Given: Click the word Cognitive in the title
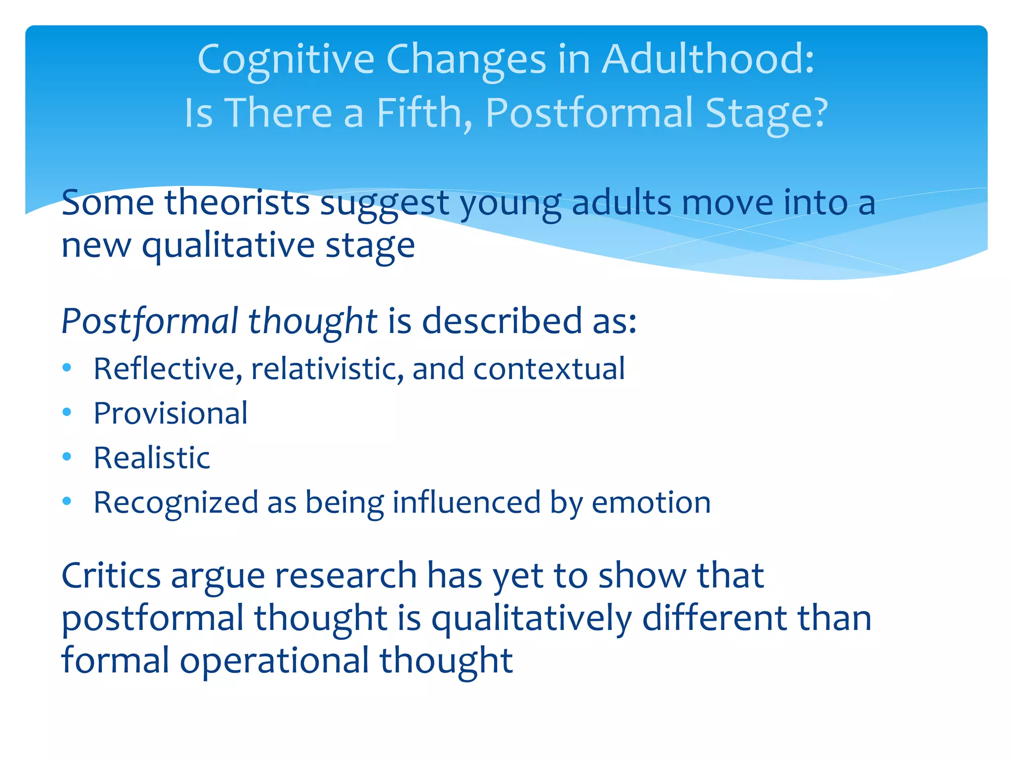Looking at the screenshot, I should (x=286, y=60).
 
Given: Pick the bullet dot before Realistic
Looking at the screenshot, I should (x=67, y=457).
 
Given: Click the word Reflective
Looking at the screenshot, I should (x=168, y=369).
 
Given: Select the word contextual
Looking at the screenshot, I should (x=549, y=369).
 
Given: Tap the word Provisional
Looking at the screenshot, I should (x=170, y=413).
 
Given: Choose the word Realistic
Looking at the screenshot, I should (x=152, y=458).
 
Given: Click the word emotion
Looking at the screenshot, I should (x=651, y=503).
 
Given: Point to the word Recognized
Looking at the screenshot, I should (x=176, y=503).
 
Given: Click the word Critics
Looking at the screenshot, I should (x=111, y=576).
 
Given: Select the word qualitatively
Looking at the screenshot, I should (x=531, y=619).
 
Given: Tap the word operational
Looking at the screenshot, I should (x=274, y=661).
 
